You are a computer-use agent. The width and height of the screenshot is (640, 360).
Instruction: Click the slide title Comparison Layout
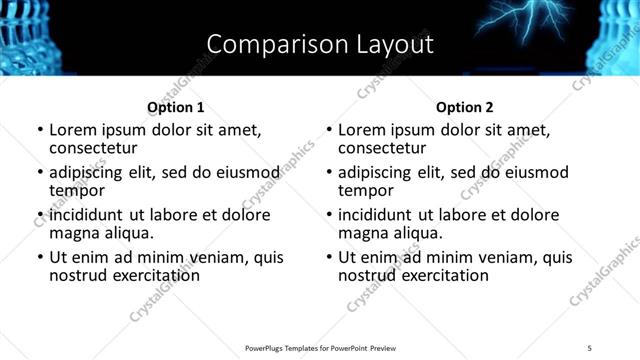point(320,44)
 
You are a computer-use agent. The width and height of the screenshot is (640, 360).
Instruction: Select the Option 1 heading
point(175,107)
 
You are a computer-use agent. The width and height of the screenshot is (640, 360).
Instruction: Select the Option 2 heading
point(464,107)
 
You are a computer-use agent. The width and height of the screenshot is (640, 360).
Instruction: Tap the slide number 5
point(589,347)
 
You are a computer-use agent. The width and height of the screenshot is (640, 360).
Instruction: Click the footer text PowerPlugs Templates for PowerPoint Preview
point(320,347)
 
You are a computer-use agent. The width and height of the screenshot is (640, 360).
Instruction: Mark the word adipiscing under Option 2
point(378,172)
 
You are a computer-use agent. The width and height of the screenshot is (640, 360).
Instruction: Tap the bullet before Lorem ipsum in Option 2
point(328,130)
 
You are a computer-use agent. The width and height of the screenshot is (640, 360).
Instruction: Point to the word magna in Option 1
point(75,233)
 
